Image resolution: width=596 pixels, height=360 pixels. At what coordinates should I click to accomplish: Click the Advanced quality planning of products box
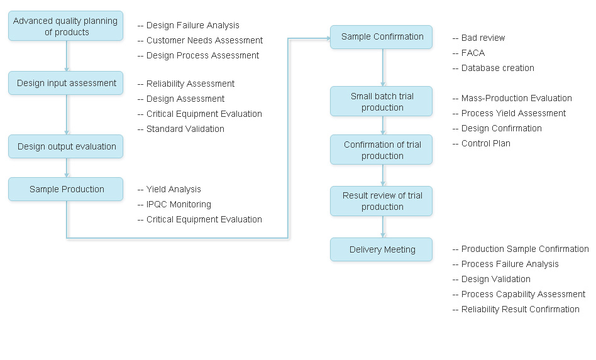click(65, 26)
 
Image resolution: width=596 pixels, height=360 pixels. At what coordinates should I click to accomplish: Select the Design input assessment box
click(65, 83)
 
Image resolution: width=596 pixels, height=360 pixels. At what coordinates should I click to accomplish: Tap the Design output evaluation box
click(65, 146)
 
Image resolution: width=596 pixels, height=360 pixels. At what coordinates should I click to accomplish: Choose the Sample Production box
click(65, 189)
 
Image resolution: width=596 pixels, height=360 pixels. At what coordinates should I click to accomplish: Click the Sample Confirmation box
click(382, 36)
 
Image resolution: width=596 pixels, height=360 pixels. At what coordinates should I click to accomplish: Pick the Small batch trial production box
click(382, 102)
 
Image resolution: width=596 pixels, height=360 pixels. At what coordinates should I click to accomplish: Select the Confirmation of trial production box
click(382, 150)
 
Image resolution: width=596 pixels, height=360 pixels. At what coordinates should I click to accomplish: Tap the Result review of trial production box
click(382, 201)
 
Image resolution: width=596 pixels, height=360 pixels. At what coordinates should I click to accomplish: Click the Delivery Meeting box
click(382, 249)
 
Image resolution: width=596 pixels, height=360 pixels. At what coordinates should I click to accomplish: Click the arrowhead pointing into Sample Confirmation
click(328, 38)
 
